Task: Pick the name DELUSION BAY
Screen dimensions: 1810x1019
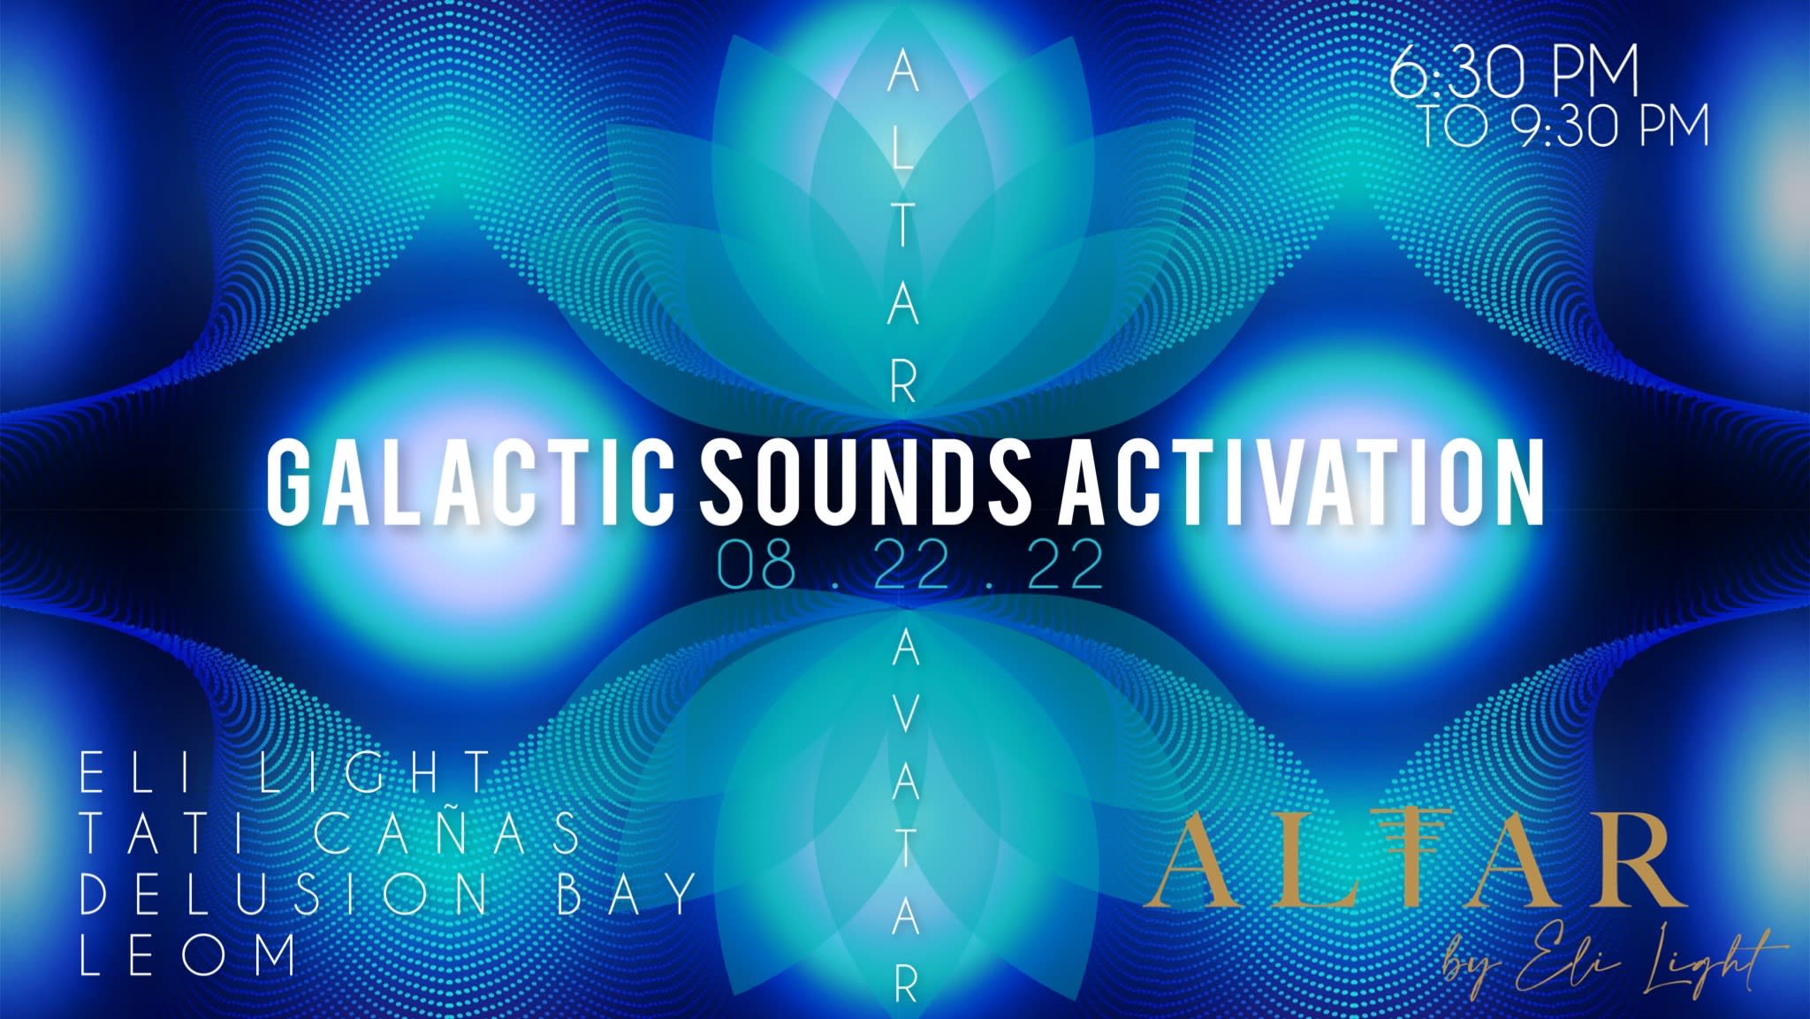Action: pyautogui.click(x=388, y=895)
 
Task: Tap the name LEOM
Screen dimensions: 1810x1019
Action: pyautogui.click(x=187, y=954)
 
